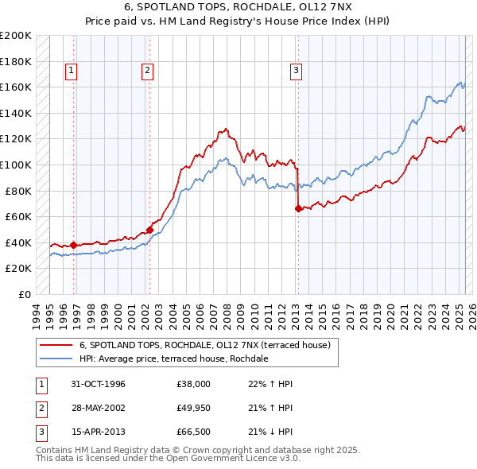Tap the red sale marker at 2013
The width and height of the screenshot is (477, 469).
tap(298, 209)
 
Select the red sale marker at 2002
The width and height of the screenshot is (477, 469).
tap(149, 231)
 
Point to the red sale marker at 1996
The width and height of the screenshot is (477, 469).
tap(74, 246)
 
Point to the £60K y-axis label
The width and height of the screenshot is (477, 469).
tap(18, 217)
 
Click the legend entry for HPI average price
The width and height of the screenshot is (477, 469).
tap(174, 359)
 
